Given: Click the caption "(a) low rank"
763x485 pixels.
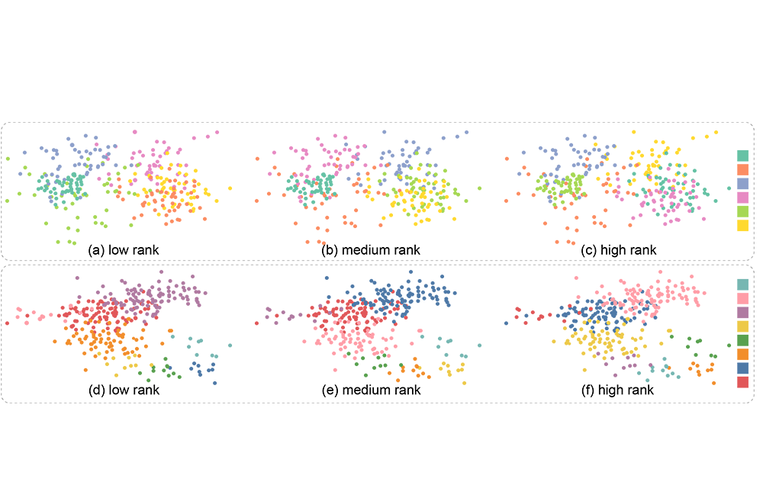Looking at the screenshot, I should coord(124,249).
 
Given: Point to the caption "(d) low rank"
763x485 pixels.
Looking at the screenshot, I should coord(124,390).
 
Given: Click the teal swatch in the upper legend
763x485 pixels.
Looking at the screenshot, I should coord(742,156).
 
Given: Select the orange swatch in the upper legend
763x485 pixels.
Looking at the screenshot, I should coord(742,169).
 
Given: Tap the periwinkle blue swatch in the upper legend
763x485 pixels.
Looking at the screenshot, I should coord(742,183).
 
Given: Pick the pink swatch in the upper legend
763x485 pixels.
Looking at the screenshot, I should coord(742,198).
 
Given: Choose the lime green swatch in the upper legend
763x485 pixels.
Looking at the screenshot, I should coord(742,211).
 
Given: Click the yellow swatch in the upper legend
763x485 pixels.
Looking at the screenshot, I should coord(742,225).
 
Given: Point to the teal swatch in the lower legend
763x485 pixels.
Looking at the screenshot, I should coord(742,284).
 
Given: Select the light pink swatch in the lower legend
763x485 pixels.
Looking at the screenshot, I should coord(742,298).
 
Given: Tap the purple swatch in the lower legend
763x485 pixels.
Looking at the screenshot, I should coord(742,312).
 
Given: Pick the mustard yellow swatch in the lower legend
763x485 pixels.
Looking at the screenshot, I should coord(742,326).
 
